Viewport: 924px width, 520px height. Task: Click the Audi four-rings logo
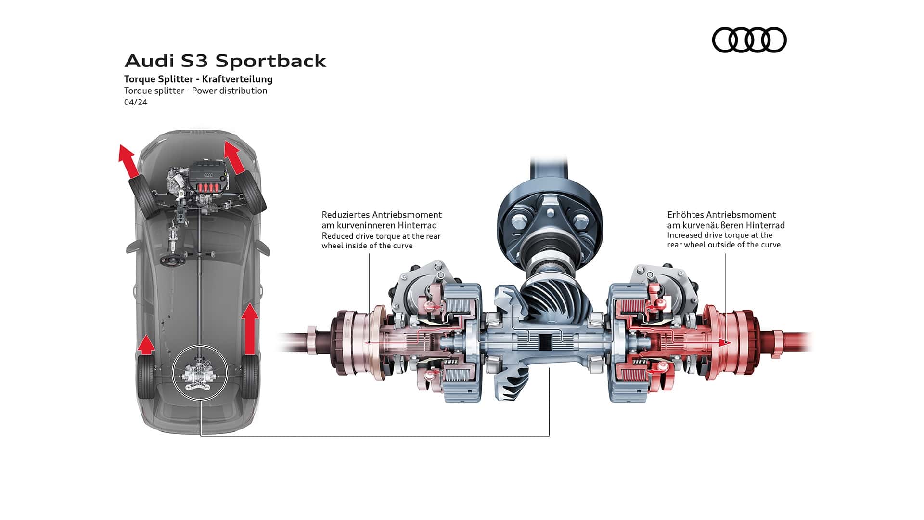749,39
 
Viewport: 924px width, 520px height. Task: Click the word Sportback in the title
270,61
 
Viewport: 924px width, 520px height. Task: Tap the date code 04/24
136,102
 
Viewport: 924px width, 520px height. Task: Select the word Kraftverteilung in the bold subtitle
237,79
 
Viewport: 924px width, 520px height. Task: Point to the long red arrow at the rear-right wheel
250,329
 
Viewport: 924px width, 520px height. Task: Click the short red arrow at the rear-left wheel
146,345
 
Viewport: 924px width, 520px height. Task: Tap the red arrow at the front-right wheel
235,157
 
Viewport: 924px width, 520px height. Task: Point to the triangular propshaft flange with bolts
549,221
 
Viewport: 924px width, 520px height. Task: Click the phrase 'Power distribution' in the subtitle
230,91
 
